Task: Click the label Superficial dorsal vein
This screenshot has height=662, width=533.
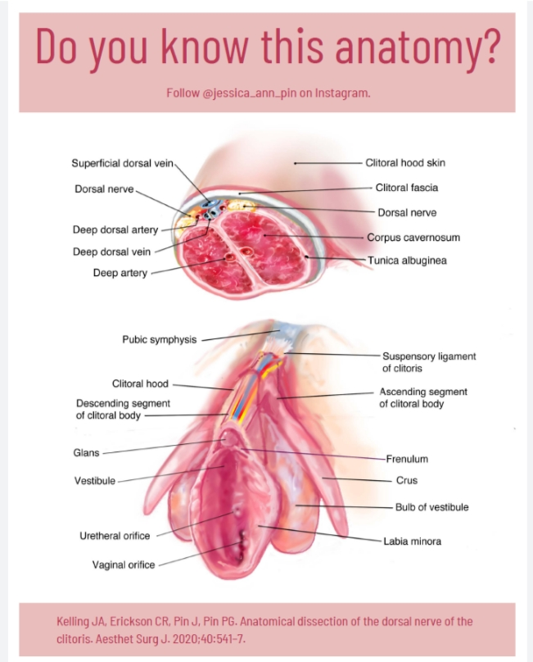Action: point(122,163)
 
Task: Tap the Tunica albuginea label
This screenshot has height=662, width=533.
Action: point(407,261)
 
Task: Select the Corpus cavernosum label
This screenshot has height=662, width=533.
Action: point(413,238)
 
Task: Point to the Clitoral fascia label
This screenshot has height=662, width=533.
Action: point(407,188)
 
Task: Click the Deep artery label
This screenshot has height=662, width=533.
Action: point(120,273)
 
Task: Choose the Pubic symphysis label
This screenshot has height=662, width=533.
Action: point(160,340)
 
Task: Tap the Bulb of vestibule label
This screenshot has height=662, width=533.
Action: point(431,507)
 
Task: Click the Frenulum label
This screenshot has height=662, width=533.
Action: point(407,459)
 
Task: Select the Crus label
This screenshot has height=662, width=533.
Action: point(407,480)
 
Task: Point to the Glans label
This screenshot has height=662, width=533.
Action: point(87,453)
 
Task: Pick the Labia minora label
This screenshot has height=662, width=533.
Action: point(413,542)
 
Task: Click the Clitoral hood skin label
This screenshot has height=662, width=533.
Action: point(405,163)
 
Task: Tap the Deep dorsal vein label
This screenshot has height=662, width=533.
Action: point(112,252)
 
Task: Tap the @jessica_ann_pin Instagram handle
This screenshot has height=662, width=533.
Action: point(250,93)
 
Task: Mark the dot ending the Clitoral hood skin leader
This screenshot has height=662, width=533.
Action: point(296,163)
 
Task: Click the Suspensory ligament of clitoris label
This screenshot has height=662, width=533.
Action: point(429,362)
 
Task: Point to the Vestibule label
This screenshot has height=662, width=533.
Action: point(95,481)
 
